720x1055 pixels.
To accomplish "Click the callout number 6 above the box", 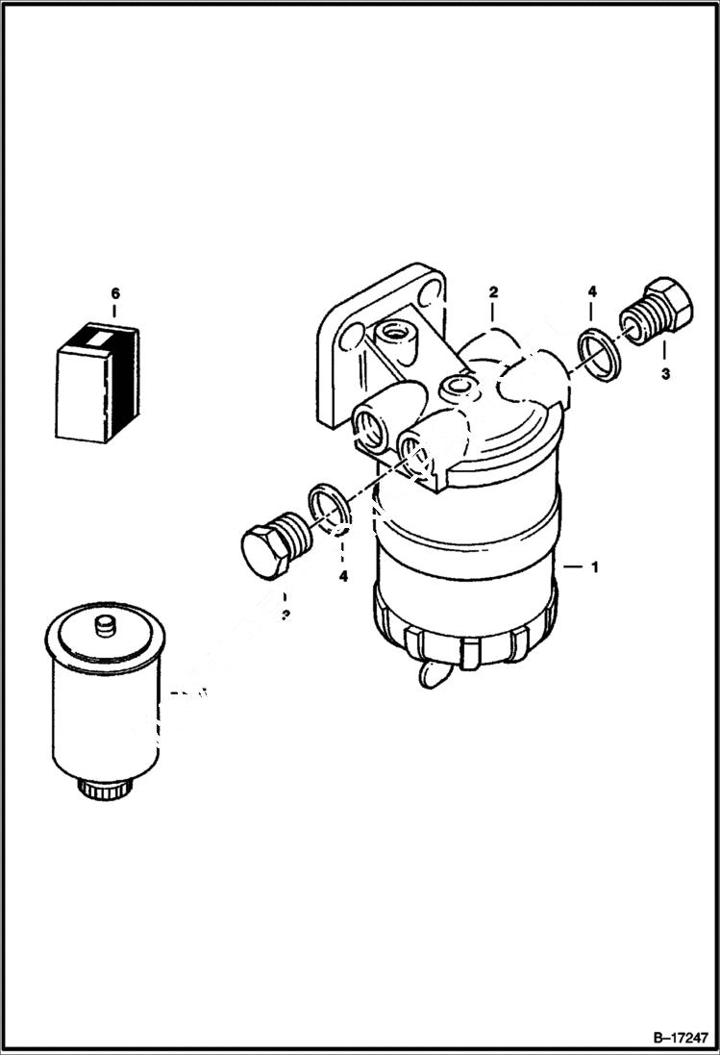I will pyautogui.click(x=114, y=292).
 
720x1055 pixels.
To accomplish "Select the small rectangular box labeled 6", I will pyautogui.click(x=97, y=383).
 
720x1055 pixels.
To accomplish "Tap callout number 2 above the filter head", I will pyautogui.click(x=492, y=290).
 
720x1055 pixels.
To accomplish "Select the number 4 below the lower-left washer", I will pyautogui.click(x=343, y=576).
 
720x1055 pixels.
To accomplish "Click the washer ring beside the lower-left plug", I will pyautogui.click(x=328, y=509).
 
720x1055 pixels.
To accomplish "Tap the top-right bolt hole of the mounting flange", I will pyautogui.click(x=434, y=289).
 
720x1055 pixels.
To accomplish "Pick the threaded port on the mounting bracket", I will pyautogui.click(x=396, y=337).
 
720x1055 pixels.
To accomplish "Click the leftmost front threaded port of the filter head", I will pyautogui.click(x=370, y=426).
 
